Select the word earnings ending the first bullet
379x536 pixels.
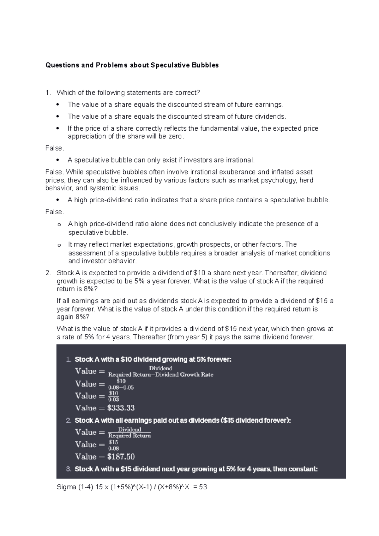pos(269,104)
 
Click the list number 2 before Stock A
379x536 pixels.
pos(47,273)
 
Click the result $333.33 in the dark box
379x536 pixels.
pos(121,408)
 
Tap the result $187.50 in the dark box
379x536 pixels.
pos(121,456)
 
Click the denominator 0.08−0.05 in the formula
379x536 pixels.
pos(121,388)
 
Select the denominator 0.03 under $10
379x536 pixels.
pos(113,400)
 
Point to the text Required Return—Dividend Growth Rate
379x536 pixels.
pos(161,375)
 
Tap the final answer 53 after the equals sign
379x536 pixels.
pos(203,487)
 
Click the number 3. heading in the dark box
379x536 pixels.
pos(69,469)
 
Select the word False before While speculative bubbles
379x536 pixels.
pos(54,172)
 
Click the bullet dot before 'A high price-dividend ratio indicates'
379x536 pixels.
pos(57,200)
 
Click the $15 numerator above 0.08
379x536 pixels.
pos(113,442)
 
